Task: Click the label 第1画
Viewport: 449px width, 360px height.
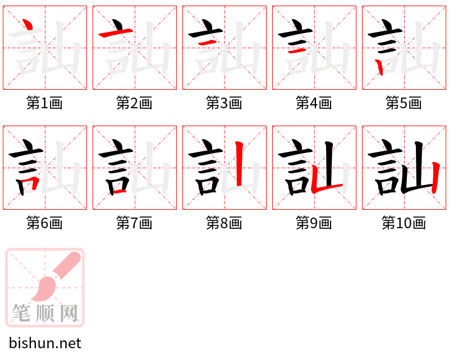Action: tap(44, 103)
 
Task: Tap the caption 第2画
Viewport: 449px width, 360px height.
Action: tap(134, 103)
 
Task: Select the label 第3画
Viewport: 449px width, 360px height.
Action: tap(224, 103)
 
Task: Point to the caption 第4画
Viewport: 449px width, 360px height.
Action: tap(314, 103)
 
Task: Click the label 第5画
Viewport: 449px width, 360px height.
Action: tap(404, 103)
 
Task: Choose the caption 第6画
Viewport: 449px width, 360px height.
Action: tap(44, 223)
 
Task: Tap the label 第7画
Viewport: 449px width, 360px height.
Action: tap(134, 223)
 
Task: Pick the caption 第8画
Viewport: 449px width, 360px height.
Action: tap(224, 223)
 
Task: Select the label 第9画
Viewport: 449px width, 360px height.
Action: tap(314, 223)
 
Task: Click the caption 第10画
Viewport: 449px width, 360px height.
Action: tap(404, 223)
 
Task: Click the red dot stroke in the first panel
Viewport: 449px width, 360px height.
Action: tap(26, 25)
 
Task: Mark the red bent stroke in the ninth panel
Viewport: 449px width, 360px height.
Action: tap(323, 186)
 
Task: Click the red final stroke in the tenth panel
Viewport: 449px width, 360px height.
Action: tap(436, 177)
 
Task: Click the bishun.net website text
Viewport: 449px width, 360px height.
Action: tap(45, 343)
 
